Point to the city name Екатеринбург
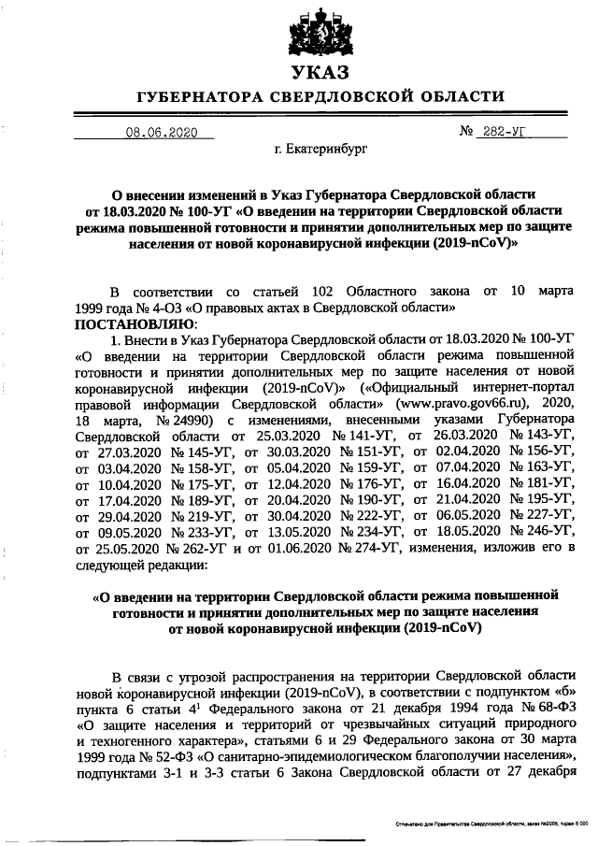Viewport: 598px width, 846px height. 319,150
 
